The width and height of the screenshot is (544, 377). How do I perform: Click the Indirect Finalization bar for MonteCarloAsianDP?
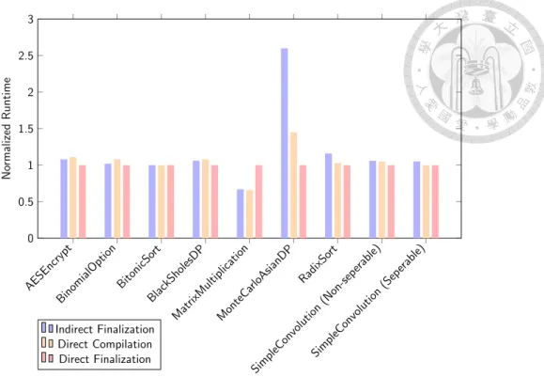(x=285, y=143)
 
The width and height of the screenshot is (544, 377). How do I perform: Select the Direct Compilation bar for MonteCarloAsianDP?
(x=293, y=185)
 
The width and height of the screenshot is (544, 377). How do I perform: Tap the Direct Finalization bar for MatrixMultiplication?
(x=258, y=202)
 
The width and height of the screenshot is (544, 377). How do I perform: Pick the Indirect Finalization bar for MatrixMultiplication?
(x=241, y=213)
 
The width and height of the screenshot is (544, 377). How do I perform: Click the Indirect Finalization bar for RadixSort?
(x=329, y=196)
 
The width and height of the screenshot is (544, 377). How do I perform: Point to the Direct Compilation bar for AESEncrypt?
(x=73, y=197)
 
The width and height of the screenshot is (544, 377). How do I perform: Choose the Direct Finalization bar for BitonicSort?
(x=171, y=202)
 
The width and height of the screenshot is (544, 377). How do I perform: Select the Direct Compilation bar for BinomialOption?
(x=117, y=198)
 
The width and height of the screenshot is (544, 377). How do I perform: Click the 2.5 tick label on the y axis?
(x=25, y=55)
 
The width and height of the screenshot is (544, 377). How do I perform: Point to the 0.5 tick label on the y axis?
(x=25, y=202)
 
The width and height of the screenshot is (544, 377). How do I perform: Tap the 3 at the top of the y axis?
(x=31, y=20)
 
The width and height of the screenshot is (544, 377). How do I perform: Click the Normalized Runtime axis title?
(x=7, y=129)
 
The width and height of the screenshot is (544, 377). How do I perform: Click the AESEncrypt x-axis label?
(x=49, y=268)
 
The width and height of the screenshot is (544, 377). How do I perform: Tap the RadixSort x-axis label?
(x=318, y=264)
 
